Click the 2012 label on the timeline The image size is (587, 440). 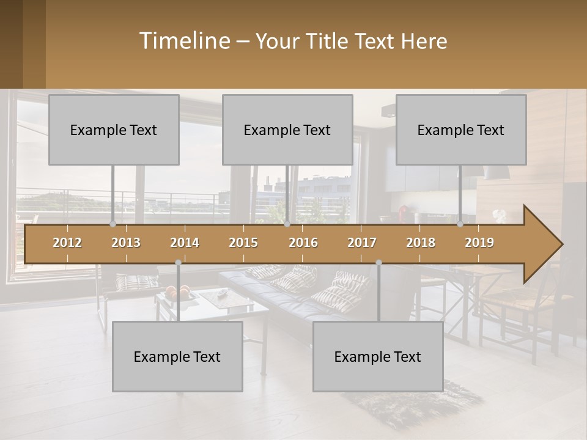(67, 243)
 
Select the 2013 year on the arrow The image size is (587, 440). (126, 243)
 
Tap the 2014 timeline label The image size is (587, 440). (185, 243)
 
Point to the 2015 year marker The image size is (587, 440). (243, 243)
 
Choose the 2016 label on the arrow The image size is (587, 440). (303, 243)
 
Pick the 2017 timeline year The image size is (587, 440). (362, 243)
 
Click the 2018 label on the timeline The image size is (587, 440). (421, 243)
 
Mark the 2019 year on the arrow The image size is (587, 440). (479, 243)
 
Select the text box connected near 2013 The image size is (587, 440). (114, 130)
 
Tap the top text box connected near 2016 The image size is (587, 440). (287, 130)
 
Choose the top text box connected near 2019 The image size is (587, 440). (461, 130)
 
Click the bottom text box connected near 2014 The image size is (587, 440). (177, 356)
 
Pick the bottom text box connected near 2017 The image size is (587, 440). (378, 356)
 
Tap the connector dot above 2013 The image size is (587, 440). (113, 224)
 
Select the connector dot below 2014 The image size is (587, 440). (178, 262)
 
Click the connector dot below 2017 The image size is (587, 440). (378, 262)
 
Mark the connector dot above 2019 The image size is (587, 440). (460, 224)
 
